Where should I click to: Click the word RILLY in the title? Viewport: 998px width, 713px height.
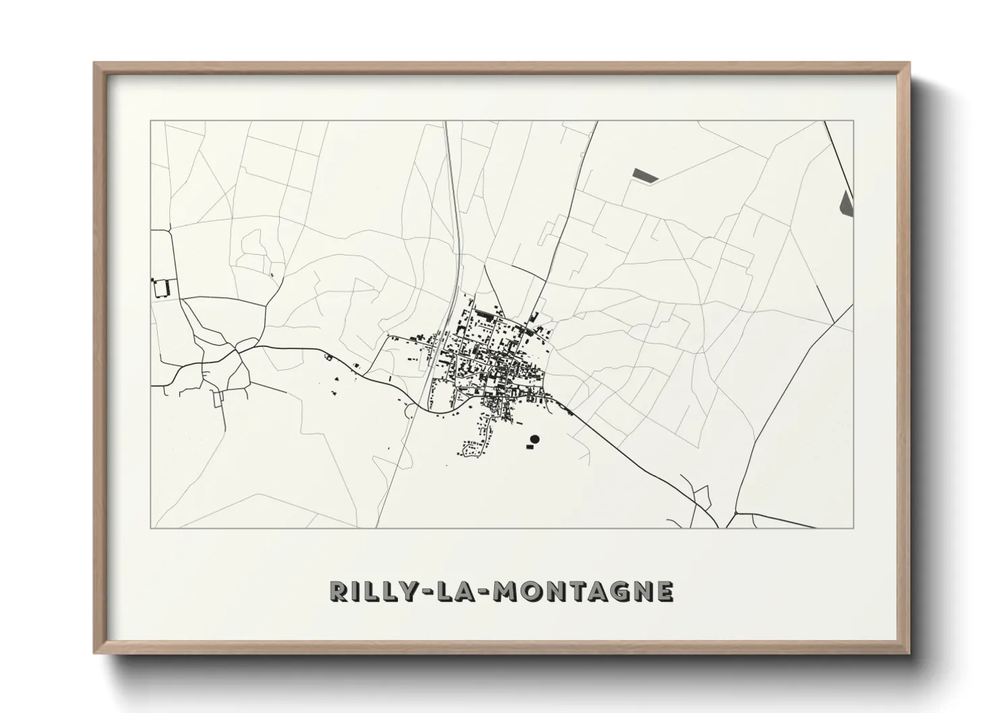pyautogui.click(x=370, y=591)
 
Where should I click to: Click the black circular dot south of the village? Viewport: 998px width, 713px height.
pyautogui.click(x=535, y=439)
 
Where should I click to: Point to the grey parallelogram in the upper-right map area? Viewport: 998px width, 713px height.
pyautogui.click(x=645, y=175)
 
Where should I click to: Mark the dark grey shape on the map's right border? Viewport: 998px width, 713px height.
pyautogui.click(x=847, y=202)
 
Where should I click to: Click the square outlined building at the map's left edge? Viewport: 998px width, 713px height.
pyautogui.click(x=160, y=288)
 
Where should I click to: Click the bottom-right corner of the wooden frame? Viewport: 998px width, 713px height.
pyautogui.click(x=909, y=654)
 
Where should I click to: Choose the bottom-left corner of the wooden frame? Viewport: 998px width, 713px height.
pyautogui.click(x=95, y=654)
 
